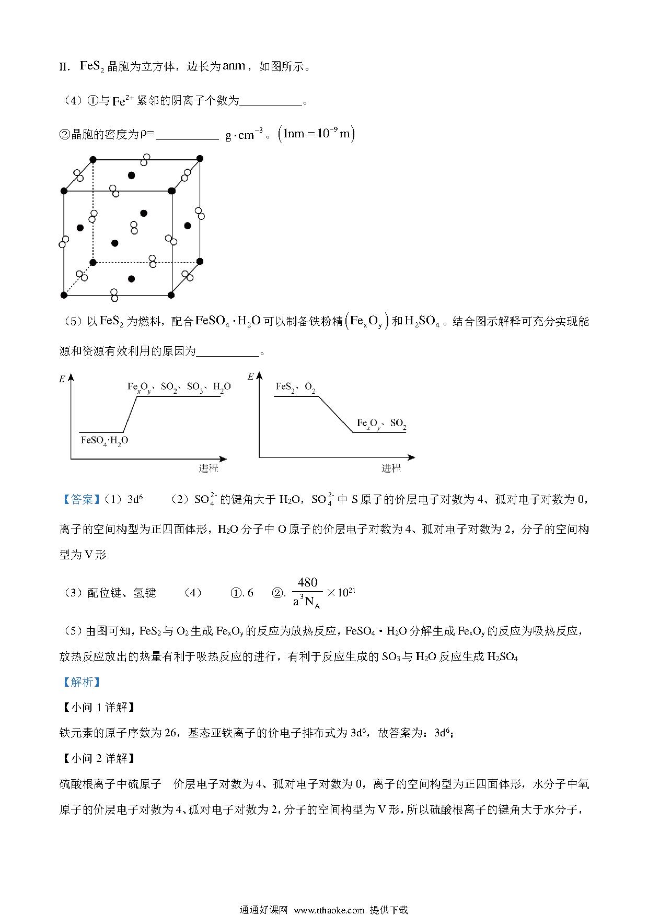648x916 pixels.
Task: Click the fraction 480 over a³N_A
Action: [307, 593]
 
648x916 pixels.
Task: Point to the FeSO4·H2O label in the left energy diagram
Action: [105, 440]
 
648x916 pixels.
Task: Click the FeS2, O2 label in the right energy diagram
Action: [295, 387]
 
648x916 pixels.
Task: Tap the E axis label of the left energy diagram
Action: [62, 379]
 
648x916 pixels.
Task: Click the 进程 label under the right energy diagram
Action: [390, 468]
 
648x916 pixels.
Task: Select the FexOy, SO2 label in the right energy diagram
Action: [381, 423]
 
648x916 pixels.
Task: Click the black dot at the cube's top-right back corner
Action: [200, 158]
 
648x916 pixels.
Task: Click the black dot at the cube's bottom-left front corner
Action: [64, 295]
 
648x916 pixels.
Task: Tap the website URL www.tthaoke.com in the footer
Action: [329, 910]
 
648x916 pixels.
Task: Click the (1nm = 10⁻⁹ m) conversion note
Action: [317, 135]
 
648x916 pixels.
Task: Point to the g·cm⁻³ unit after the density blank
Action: [244, 135]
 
